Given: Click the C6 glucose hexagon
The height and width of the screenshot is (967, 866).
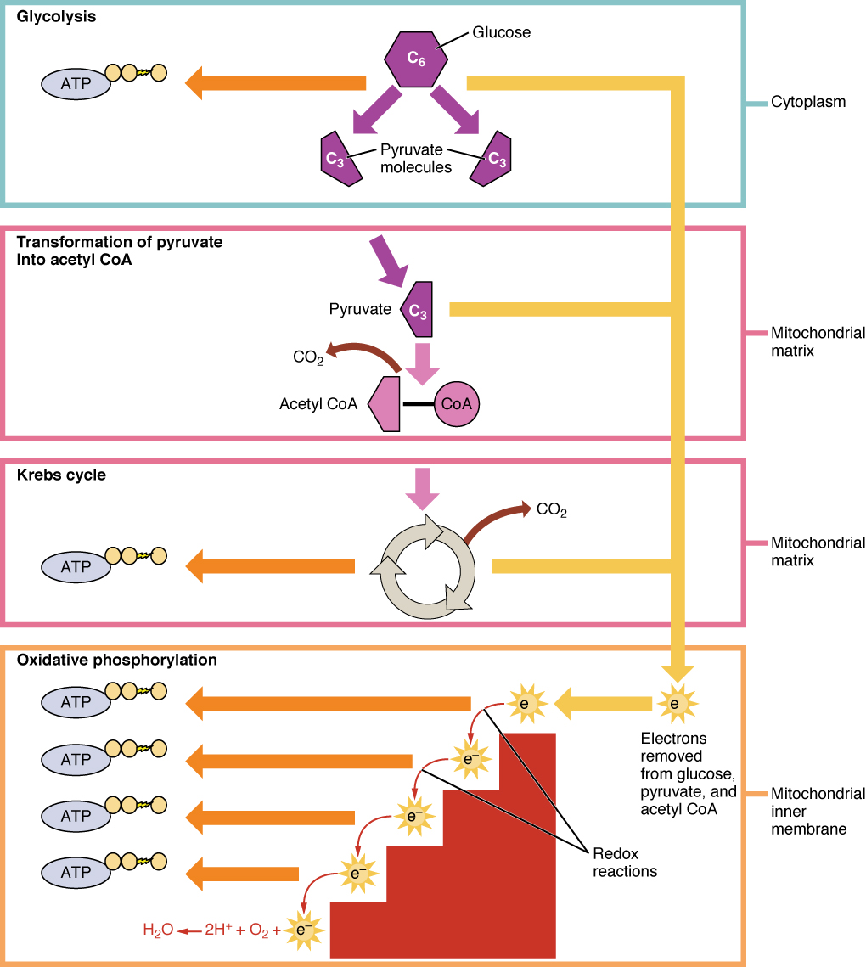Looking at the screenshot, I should coord(413,58).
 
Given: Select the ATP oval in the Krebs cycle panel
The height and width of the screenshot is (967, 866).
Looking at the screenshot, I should coord(76,566).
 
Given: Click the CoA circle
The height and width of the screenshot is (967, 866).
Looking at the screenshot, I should coord(457,404).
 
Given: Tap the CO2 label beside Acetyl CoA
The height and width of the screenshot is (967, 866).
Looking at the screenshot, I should coord(308,357).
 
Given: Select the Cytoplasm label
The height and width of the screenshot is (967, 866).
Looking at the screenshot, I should coord(808,103).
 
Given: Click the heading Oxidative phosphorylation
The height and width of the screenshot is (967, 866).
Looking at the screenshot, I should coord(117,660).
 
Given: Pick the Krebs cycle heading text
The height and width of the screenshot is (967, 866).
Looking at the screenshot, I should coord(61,475).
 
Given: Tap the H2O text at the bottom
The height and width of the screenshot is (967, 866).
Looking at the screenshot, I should coord(157,930).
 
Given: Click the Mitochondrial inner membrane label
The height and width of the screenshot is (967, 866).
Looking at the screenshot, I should coord(818,811).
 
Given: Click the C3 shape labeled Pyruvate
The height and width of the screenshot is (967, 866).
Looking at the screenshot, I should coord(417,309).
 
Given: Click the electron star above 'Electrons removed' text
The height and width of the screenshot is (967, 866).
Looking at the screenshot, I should coord(677,703).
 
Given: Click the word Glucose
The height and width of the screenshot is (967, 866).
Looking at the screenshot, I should coord(501,33).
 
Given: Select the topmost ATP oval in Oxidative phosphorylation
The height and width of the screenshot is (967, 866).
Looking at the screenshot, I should coord(76,702).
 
